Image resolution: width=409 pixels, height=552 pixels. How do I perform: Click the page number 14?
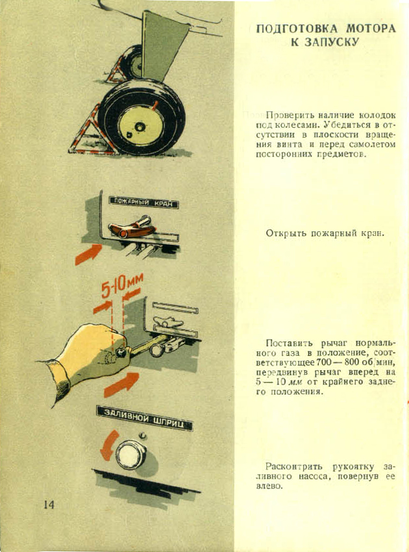[x=49, y=505]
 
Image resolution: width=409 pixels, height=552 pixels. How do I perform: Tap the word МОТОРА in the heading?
[x=371, y=29]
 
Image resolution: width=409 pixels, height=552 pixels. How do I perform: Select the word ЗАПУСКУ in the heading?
[x=325, y=42]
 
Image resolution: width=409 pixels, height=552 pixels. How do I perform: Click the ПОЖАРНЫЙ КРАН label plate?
[x=143, y=203]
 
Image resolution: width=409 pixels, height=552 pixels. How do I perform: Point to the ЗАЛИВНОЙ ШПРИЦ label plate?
[x=145, y=418]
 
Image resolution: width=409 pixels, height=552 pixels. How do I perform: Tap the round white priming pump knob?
[x=130, y=455]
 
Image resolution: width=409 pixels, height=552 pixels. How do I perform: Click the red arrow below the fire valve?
[x=88, y=254]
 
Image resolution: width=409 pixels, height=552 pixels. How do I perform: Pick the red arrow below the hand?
[x=121, y=384]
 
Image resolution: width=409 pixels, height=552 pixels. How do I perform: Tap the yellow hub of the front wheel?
[x=141, y=126]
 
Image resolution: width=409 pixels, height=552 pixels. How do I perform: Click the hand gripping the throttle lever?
[x=84, y=359]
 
